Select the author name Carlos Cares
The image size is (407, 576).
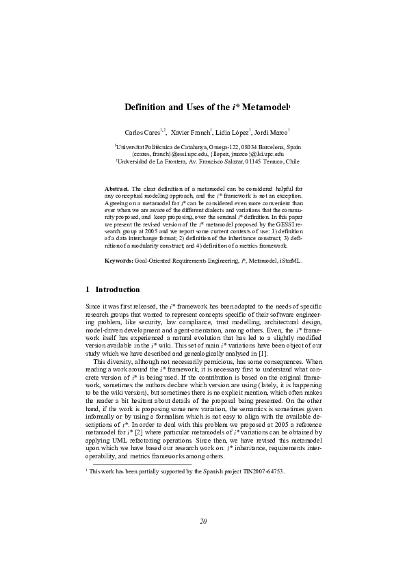[x=142, y=131]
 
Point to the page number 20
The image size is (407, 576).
[x=203, y=522]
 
